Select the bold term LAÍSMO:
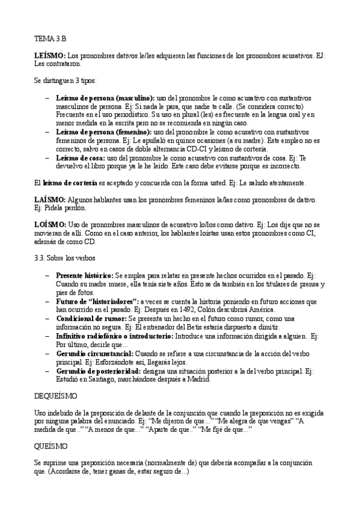49,200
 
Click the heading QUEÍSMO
51,447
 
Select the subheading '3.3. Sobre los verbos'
63,258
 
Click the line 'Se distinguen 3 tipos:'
62,80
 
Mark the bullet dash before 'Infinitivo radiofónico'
47,336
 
